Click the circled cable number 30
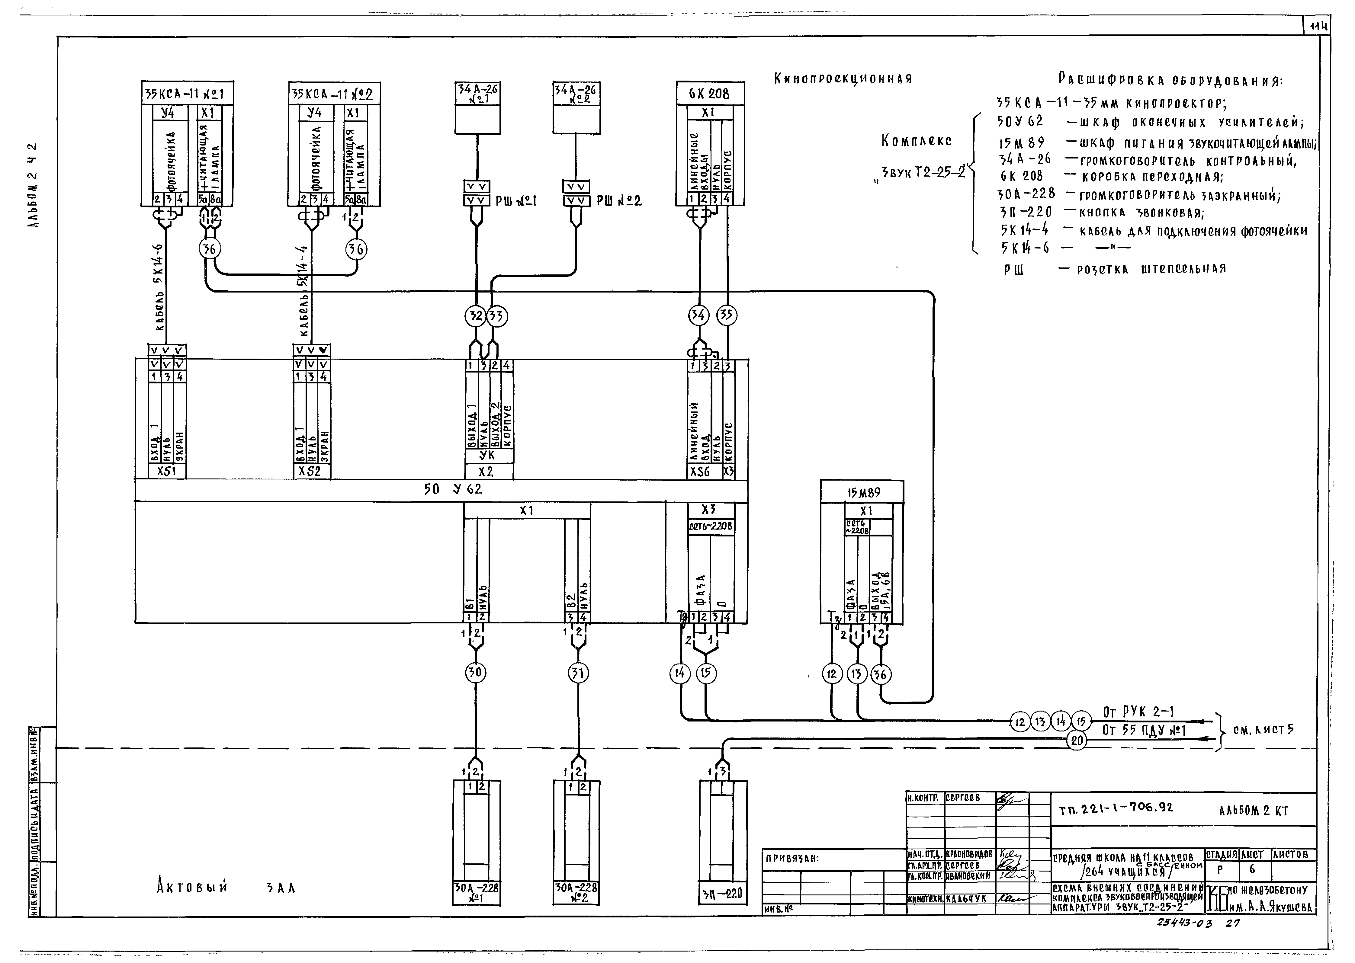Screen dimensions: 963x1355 click(x=475, y=673)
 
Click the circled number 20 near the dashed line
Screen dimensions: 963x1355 click(x=1077, y=740)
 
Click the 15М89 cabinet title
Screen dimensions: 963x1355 click(x=863, y=492)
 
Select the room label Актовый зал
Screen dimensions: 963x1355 click(x=226, y=888)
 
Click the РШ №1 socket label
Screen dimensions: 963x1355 click(x=516, y=201)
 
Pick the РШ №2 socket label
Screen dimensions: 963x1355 click(x=619, y=201)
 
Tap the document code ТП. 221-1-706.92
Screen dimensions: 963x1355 click(x=1115, y=808)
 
